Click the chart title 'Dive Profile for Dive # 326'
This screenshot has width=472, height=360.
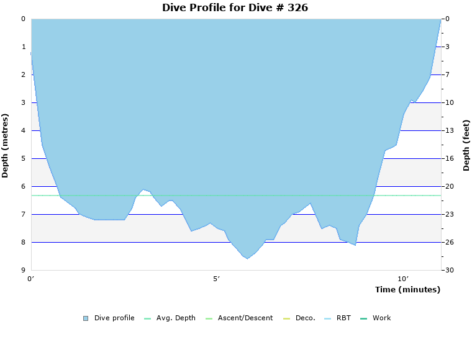coord(235,8)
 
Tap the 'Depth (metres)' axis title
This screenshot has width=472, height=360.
coord(6,145)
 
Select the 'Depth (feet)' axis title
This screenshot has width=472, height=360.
coord(466,145)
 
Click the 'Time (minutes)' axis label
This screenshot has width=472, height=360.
coord(407,289)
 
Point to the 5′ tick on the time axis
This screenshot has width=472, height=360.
coord(216,279)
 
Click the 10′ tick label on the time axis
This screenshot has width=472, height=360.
coord(402,279)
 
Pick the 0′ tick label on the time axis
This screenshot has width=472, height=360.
coord(31,279)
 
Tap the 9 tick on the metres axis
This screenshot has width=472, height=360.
coord(24,270)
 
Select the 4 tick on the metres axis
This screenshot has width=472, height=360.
coord(24,130)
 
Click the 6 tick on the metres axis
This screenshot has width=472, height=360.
coord(24,186)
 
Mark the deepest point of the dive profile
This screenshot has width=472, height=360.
coord(247,258)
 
